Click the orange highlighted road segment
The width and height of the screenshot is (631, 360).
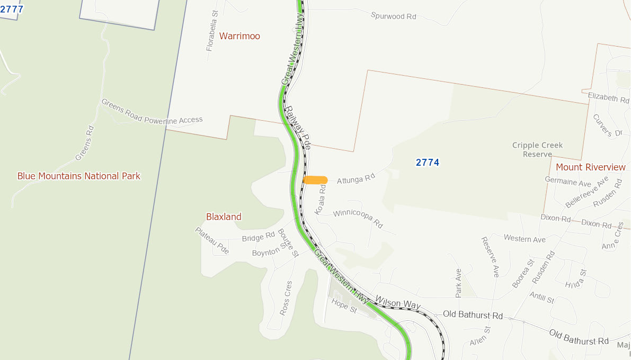[x=315, y=180]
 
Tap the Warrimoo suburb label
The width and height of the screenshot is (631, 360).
[x=239, y=36]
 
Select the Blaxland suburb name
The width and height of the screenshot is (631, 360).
[x=224, y=217]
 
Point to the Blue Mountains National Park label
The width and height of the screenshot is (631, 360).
[x=79, y=176]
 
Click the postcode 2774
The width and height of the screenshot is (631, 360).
[x=428, y=163]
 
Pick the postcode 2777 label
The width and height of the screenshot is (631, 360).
[x=12, y=9]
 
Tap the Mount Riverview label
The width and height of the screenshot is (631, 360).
[x=591, y=167]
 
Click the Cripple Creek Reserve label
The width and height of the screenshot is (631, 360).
[x=537, y=150]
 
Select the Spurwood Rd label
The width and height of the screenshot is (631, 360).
[x=394, y=16]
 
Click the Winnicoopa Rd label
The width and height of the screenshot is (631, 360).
[x=358, y=217]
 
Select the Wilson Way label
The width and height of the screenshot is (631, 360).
[x=397, y=303]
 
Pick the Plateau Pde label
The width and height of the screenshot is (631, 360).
[x=212, y=240]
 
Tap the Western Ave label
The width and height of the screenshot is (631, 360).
[x=525, y=239]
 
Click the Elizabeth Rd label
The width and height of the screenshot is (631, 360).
[x=608, y=97]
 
